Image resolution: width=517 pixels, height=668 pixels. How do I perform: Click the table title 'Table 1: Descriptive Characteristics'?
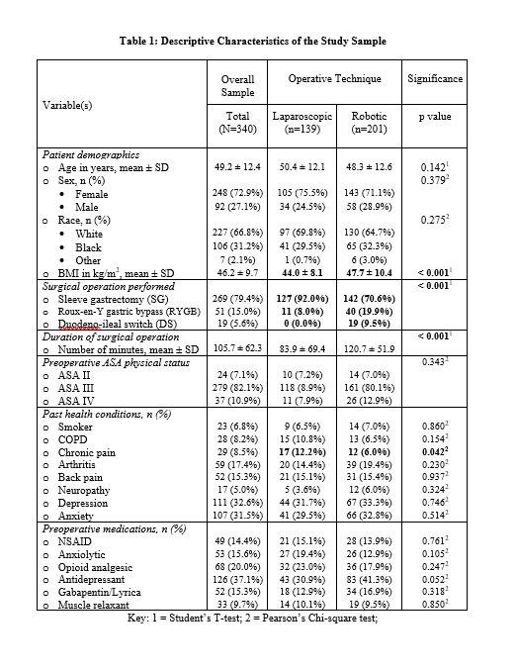[252, 41]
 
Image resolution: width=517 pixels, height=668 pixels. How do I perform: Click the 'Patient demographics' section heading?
[90, 155]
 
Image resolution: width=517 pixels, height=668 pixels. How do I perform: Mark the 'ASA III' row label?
[72, 389]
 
